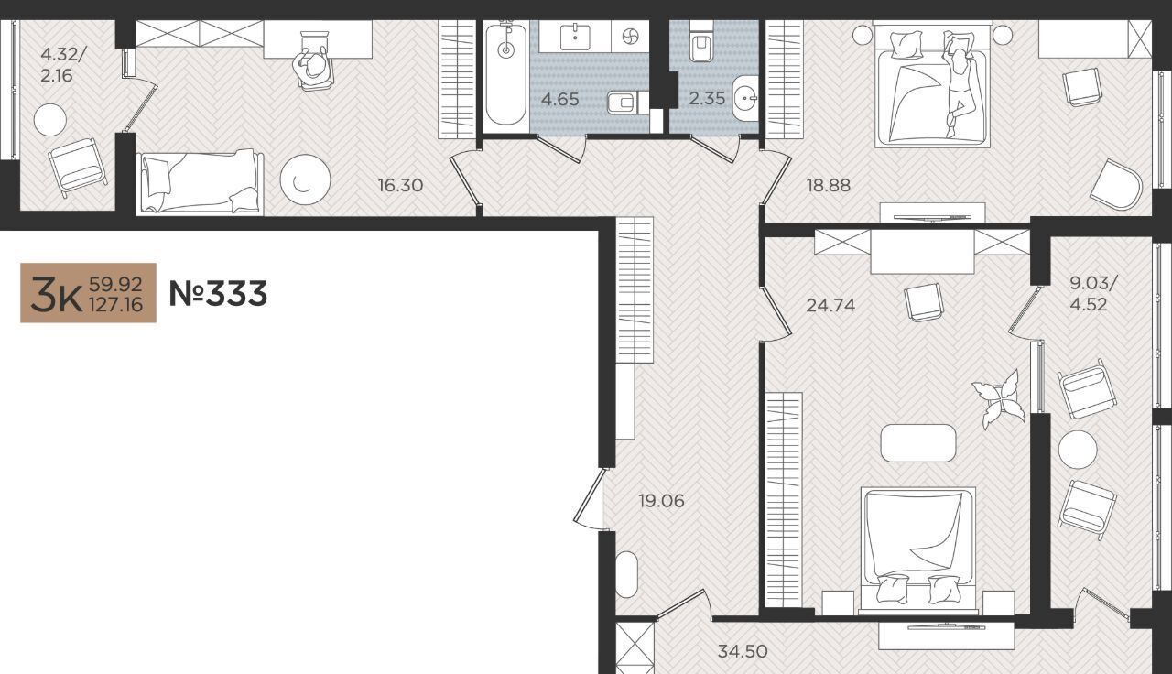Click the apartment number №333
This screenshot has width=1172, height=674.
tap(218, 293)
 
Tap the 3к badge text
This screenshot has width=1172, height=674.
tap(56, 295)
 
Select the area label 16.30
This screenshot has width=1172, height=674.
tap(400, 185)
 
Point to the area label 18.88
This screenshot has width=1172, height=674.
tap(829, 185)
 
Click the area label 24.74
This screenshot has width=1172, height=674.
tap(830, 305)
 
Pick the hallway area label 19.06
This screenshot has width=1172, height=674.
tap(661, 501)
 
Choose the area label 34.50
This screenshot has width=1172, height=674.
tap(743, 651)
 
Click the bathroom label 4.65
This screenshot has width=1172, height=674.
tap(559, 99)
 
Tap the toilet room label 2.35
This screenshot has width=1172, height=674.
tap(707, 98)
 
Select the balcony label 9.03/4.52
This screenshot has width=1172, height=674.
tap(1092, 294)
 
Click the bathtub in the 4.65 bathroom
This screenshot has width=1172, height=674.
tap(505, 74)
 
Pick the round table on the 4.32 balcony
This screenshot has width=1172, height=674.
tap(50, 120)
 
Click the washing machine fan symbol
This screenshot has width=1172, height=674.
tap(629, 37)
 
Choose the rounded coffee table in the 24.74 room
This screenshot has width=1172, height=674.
tap(918, 443)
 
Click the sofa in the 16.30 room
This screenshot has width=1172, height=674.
tap(200, 182)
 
